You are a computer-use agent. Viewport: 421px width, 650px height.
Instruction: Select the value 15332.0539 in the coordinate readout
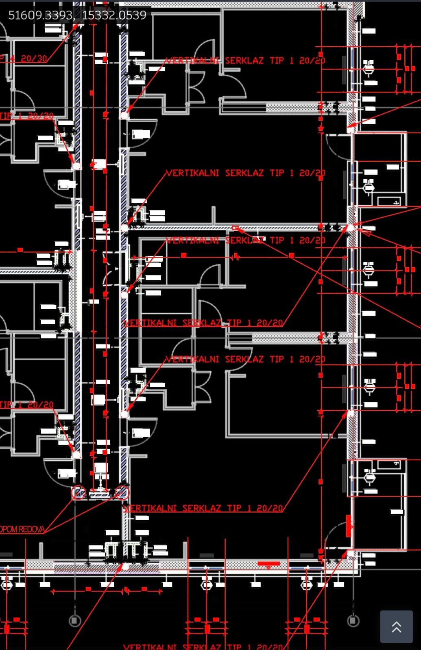coord(114,15)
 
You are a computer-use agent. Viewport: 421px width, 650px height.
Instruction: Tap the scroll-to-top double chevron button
coord(396,626)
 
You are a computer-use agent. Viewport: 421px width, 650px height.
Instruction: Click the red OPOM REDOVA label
coord(22,529)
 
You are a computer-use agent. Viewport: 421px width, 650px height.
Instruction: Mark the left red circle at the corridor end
coord(78,493)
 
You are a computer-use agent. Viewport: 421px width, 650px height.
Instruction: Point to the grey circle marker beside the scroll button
coord(353,620)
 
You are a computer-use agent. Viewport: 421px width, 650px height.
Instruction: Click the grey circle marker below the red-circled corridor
coord(74,620)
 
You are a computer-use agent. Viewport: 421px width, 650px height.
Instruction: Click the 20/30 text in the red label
coord(34,58)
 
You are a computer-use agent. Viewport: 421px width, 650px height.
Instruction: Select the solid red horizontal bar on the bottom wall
coord(268,563)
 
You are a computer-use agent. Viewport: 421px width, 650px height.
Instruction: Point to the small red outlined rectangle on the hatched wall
coord(235,227)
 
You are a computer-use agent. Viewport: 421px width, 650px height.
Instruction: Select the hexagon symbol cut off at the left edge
coord(7,585)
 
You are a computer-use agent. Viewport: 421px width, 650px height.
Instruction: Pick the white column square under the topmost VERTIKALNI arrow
coord(124,115)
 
